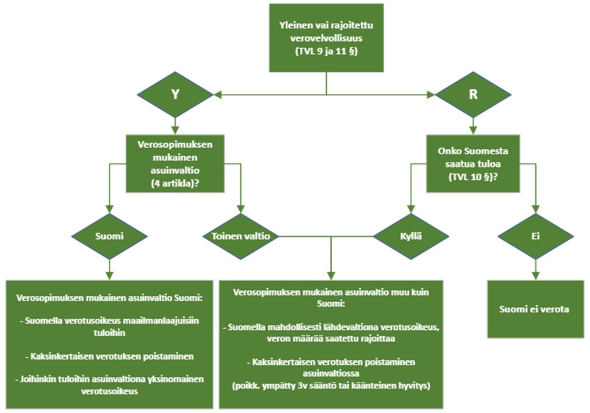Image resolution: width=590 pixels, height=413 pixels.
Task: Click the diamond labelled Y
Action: tap(175, 94)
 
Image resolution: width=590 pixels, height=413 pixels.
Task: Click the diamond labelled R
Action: tap(473, 94)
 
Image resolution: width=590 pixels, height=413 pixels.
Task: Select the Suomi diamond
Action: tap(109, 237)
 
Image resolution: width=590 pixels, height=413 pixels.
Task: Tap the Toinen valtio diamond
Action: tap(240, 237)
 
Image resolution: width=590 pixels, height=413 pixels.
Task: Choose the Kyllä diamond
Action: tap(411, 237)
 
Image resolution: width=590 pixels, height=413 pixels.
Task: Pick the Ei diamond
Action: tap(535, 237)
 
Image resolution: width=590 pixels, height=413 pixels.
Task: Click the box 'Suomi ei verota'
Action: tap(535, 309)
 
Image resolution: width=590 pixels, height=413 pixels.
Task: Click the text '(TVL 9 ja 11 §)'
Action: tap(326, 52)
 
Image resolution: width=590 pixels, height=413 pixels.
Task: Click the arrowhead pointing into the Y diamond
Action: tap(218, 94)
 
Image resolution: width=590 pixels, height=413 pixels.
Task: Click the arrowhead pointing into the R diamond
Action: tap(432, 94)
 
